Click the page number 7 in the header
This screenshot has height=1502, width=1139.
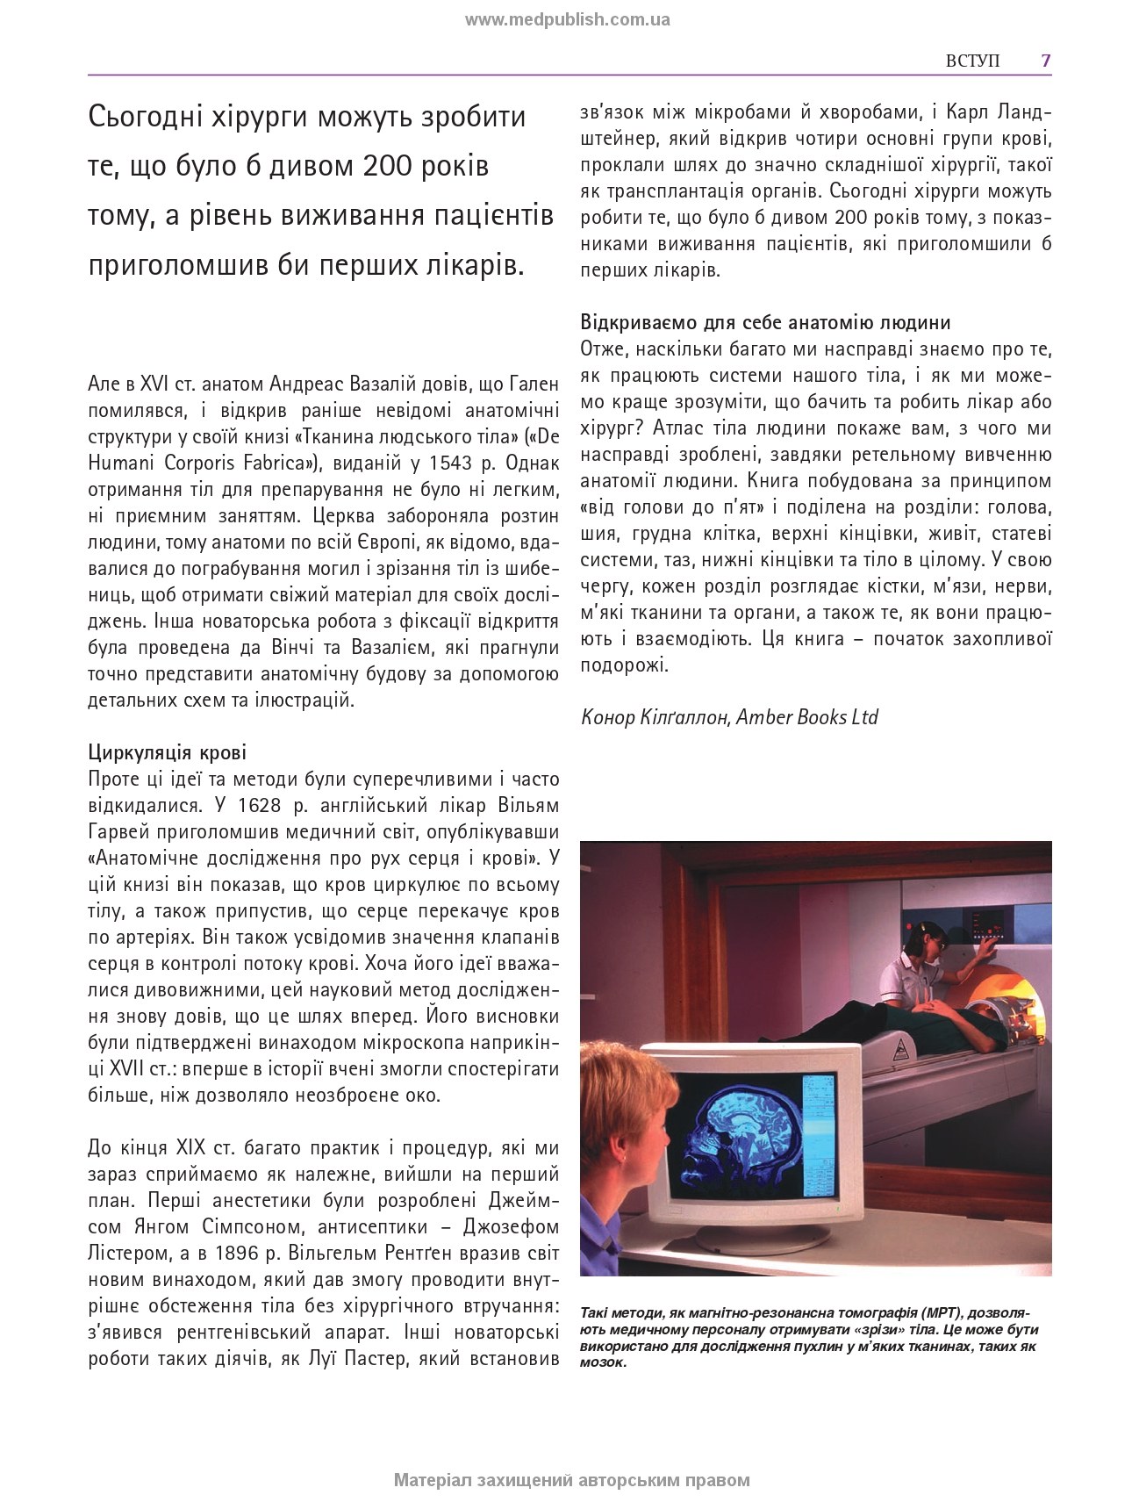1045,61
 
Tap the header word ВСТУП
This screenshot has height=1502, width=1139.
972,61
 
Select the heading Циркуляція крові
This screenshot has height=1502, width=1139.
168,752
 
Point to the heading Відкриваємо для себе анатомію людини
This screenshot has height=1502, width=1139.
765,322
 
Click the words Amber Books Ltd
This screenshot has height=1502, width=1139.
807,717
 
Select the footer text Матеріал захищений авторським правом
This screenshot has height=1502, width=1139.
572,1480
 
